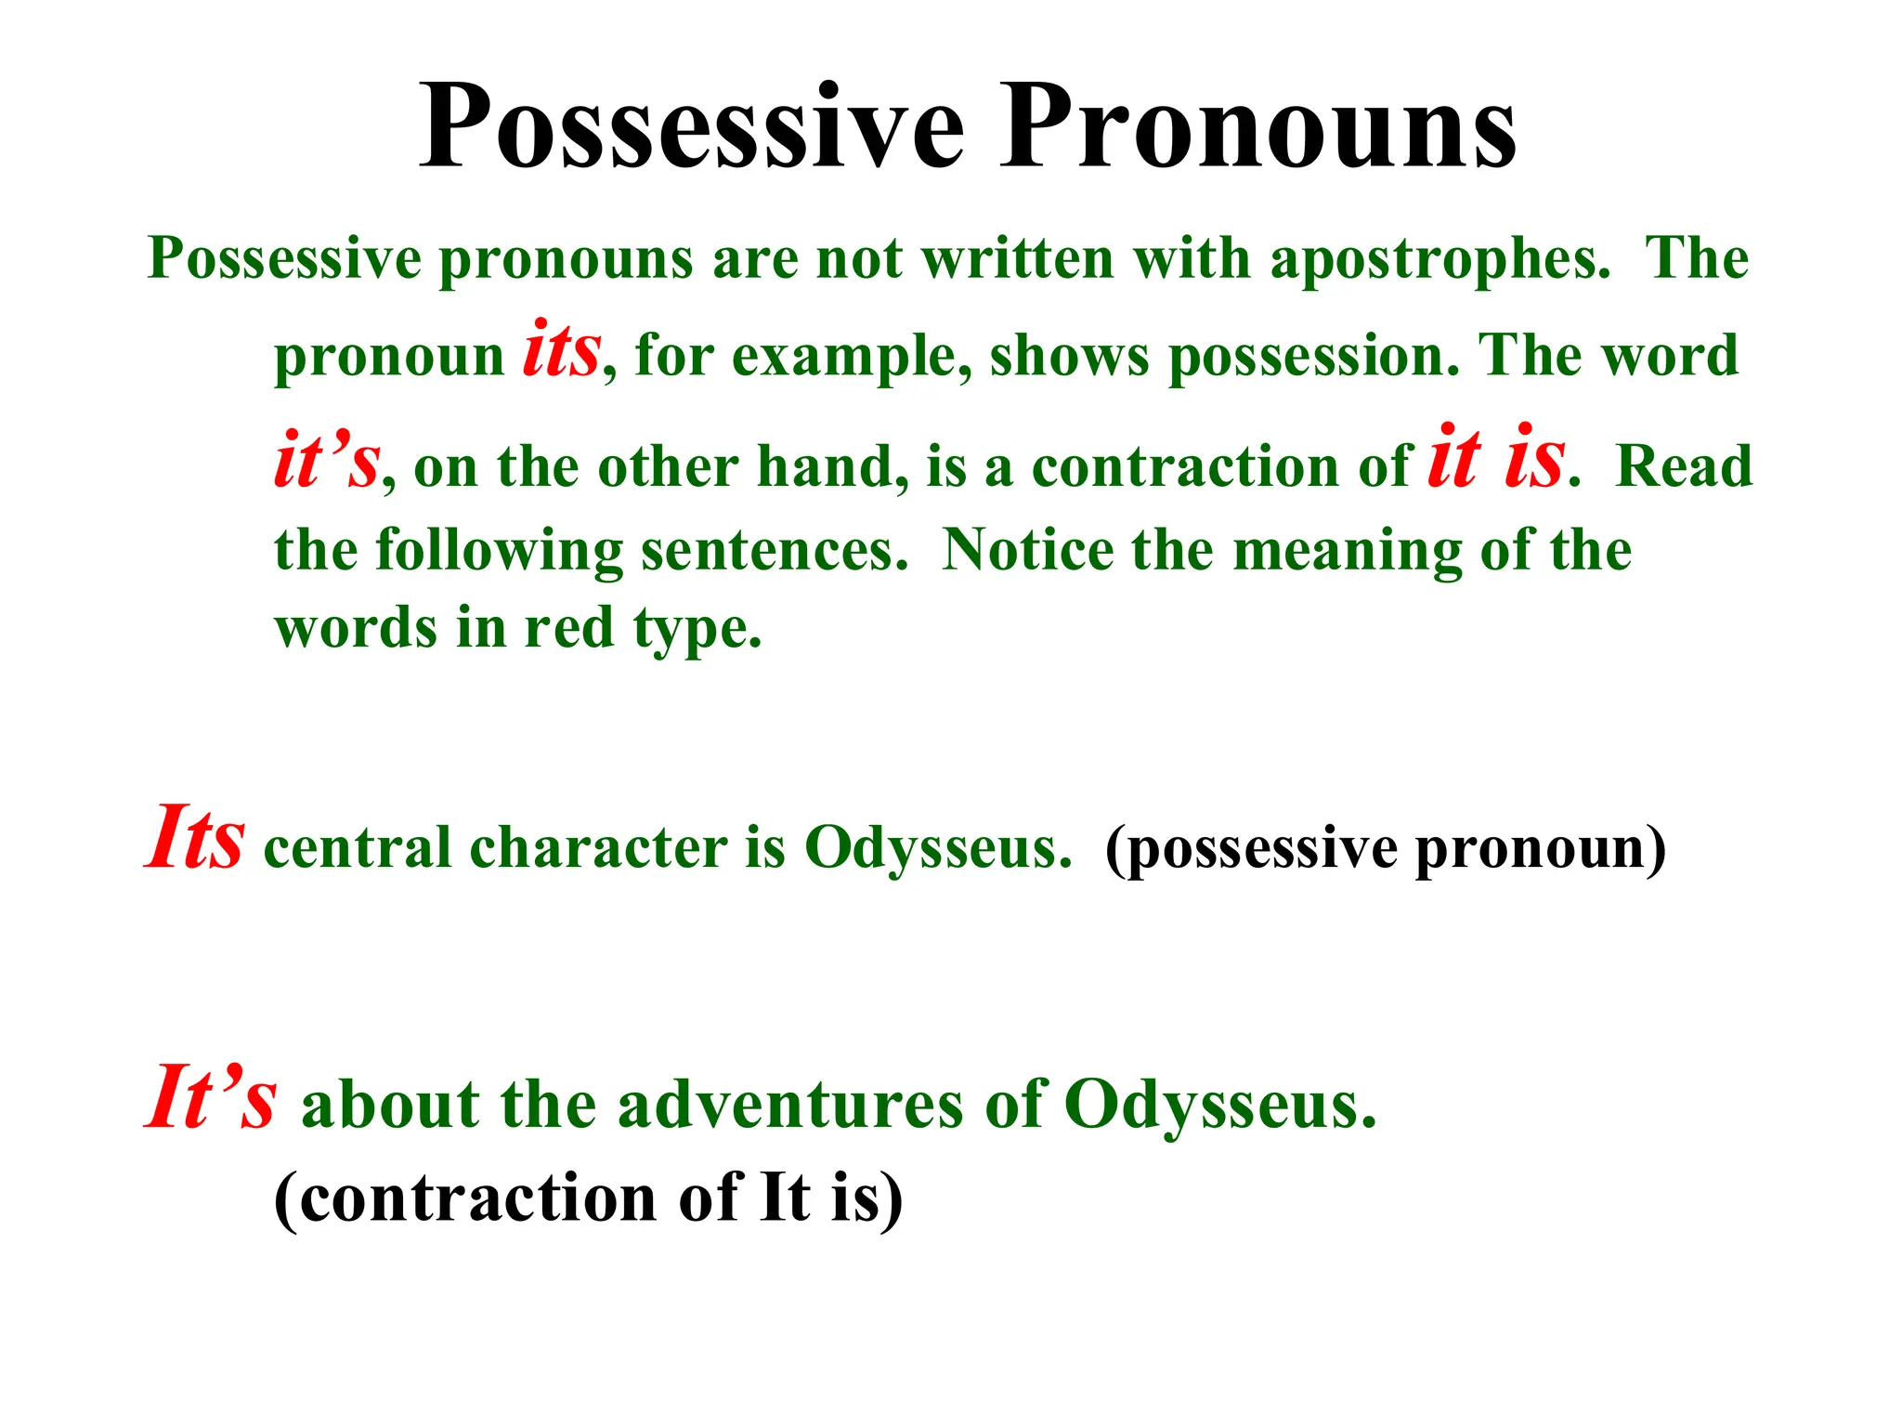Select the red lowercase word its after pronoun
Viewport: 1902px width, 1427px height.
pyautogui.click(x=561, y=351)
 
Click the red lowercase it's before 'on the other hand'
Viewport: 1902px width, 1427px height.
pyautogui.click(x=327, y=461)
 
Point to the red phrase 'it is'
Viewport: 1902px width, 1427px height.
pyautogui.click(x=1496, y=457)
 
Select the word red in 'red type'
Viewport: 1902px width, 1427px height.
pyautogui.click(x=568, y=628)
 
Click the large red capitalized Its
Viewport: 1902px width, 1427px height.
pyautogui.click(x=196, y=838)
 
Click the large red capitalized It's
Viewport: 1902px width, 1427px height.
pyautogui.click(x=211, y=1098)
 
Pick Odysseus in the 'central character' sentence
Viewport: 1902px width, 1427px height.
pyautogui.click(x=938, y=847)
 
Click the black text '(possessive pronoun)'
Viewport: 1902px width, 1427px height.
pyautogui.click(x=1386, y=849)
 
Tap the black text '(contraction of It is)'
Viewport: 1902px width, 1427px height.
pyautogui.click(x=588, y=1198)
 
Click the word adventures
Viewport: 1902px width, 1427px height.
pyautogui.click(x=789, y=1106)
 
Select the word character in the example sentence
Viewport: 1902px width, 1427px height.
pyautogui.click(x=598, y=847)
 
